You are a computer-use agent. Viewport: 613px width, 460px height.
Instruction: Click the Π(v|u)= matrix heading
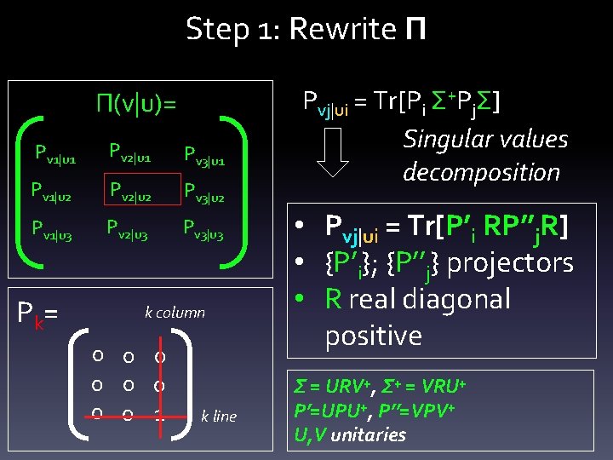136,105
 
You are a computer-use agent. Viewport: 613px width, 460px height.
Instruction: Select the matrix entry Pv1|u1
54,154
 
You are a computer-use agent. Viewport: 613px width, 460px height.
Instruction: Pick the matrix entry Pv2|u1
129,152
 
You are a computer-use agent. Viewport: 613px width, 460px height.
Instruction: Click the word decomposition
481,171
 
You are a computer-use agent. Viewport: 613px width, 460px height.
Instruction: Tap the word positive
373,336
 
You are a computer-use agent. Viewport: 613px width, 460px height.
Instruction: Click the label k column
175,312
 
